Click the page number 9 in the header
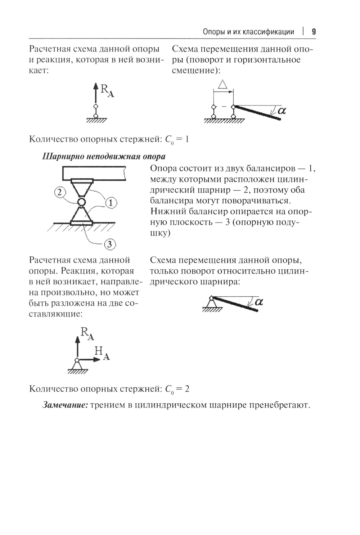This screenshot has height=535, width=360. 314,32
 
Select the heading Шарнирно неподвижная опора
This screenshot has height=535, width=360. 104,156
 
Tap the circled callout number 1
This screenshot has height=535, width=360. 111,203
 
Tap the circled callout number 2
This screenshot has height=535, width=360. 60,192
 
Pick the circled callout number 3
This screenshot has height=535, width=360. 110,245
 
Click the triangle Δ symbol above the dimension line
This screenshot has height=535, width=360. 223,85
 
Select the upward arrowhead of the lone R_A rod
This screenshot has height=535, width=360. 95,86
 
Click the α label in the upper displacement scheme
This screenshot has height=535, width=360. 282,111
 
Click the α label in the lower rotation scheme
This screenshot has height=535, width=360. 258,302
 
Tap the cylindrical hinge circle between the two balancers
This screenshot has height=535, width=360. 81,202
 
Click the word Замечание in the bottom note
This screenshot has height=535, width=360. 65,405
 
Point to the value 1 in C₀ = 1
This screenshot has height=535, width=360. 186,139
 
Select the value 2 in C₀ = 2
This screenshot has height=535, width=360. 187,389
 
